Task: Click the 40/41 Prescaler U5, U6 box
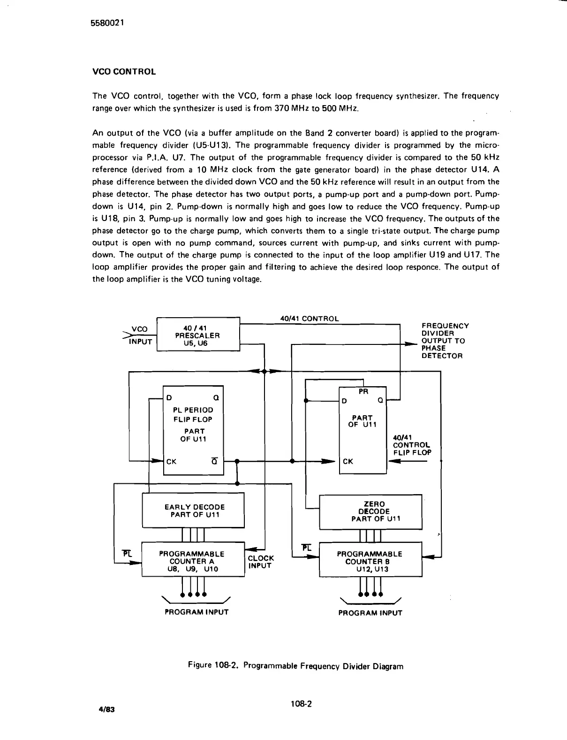(x=197, y=335)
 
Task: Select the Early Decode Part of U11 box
(x=193, y=511)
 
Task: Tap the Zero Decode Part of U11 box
(x=370, y=511)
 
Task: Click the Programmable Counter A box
(x=193, y=561)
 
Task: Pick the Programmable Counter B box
(x=370, y=561)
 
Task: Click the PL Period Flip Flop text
(x=193, y=414)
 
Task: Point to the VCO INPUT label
(x=139, y=336)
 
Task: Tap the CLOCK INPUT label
(x=260, y=562)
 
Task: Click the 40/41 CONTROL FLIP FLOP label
(x=412, y=445)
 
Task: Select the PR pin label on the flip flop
(x=363, y=391)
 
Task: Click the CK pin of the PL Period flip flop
(x=172, y=461)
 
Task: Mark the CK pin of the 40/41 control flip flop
(x=348, y=461)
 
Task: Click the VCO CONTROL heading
(x=124, y=72)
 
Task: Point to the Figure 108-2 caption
(x=295, y=665)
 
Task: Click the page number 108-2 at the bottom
(x=301, y=704)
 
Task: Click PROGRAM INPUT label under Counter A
(x=197, y=612)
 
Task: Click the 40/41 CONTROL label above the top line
(x=309, y=319)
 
